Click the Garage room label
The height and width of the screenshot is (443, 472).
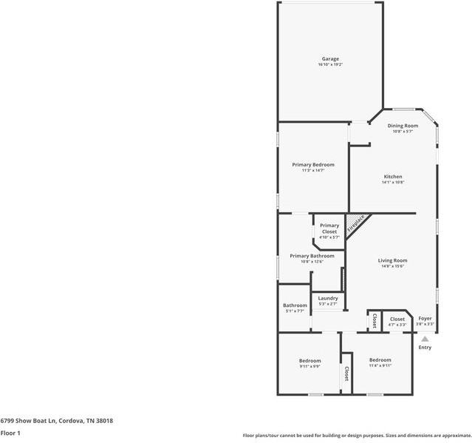tap(330, 58)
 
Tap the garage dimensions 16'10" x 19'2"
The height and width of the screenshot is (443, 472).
tap(330, 65)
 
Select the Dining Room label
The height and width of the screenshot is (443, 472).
tap(403, 126)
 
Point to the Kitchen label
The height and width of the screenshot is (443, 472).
tap(392, 177)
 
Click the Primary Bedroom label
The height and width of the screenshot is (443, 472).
tap(312, 164)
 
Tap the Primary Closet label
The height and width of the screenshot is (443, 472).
tap(329, 229)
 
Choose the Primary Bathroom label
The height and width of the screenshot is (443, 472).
tap(312, 256)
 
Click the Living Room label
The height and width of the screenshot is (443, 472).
tap(392, 260)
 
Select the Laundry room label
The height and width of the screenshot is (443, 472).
tap(328, 298)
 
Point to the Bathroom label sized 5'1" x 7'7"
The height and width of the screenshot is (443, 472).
tap(295, 305)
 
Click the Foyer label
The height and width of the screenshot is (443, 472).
tap(425, 318)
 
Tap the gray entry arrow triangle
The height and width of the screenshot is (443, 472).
tap(425, 339)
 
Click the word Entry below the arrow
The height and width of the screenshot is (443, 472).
tap(425, 348)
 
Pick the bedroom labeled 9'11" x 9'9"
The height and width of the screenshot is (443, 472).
tap(309, 361)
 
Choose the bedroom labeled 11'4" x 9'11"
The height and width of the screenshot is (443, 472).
tap(380, 360)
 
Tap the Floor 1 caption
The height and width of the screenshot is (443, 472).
tap(10, 433)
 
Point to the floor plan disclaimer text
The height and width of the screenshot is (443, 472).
tap(356, 436)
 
